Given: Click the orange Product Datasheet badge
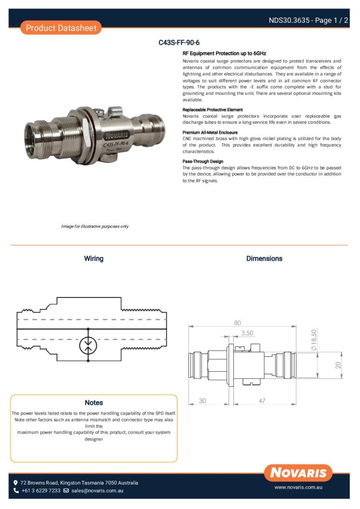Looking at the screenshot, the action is click(61, 28).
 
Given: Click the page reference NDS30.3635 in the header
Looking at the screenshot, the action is click(289, 20).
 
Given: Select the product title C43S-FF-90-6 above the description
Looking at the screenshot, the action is click(179, 43).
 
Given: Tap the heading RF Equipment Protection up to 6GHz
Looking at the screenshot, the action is click(224, 54).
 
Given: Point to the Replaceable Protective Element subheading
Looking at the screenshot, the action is click(213, 110).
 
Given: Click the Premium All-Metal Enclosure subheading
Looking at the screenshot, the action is click(210, 132).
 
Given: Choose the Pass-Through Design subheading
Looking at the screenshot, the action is click(203, 162).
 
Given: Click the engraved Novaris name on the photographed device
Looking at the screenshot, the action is click(116, 136).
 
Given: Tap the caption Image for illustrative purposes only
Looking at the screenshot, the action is click(95, 226).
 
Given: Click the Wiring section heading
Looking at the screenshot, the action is click(94, 258).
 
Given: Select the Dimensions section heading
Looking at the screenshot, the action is click(264, 258).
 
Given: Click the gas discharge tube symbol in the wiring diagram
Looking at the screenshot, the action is click(89, 345).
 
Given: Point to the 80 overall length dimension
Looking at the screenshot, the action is click(237, 323).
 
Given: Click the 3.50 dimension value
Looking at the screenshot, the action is click(247, 333).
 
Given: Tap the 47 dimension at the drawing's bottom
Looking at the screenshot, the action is click(262, 401).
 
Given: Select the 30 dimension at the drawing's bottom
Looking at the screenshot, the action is click(202, 401).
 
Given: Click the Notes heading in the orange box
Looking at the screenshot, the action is click(94, 403).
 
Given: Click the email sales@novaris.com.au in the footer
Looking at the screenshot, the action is click(97, 491).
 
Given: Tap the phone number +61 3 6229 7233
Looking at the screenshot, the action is click(41, 491).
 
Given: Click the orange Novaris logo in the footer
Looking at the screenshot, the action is click(298, 473).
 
